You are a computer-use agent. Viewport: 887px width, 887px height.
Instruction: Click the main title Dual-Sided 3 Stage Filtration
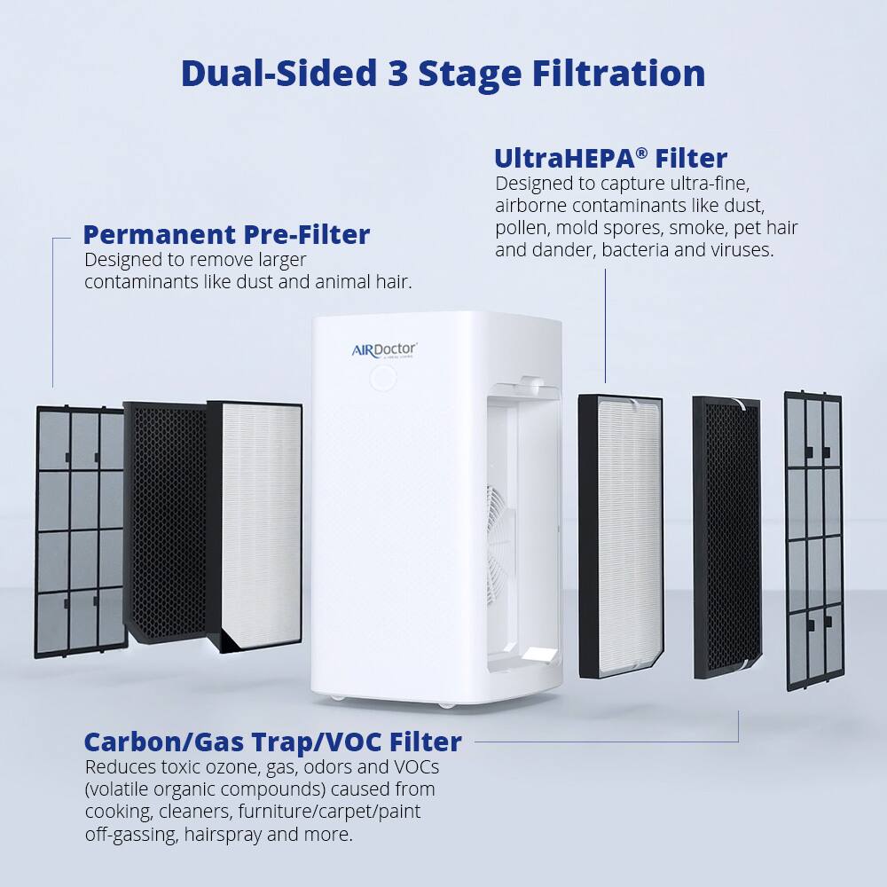[x=443, y=74]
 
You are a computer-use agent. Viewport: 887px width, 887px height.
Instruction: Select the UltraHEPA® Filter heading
[x=610, y=158]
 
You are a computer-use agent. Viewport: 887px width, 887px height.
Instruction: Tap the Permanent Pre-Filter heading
[x=226, y=235]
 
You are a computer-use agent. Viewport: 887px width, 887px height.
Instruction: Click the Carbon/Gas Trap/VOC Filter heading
[x=272, y=742]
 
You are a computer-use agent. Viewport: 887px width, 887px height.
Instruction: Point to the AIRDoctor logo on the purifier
[x=383, y=349]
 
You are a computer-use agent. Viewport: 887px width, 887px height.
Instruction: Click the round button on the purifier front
[x=383, y=379]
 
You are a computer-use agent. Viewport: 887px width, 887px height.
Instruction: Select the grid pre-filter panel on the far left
[x=80, y=532]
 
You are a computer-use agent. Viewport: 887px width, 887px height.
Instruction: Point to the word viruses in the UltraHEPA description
[x=742, y=250]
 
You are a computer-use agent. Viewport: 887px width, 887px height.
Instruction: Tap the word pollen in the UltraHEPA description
[x=520, y=228]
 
